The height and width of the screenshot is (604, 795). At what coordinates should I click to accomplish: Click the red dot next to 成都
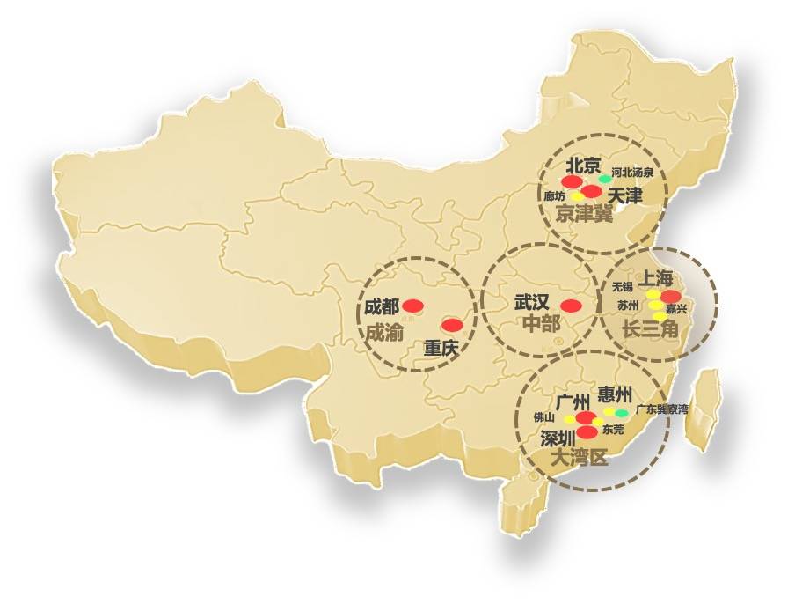click(x=413, y=306)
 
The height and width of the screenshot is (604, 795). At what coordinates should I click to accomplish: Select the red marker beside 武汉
click(x=571, y=306)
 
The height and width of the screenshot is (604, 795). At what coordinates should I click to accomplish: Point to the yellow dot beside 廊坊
click(x=576, y=195)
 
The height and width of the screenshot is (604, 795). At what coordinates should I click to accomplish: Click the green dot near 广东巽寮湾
click(x=622, y=413)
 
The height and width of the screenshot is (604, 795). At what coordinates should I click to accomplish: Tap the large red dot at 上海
click(x=671, y=296)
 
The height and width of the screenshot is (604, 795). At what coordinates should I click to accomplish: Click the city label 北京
click(x=582, y=165)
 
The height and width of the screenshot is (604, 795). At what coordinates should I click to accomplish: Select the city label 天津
click(x=625, y=195)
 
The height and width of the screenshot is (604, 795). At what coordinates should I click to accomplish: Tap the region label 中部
click(x=540, y=323)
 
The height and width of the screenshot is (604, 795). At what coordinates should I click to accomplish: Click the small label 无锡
click(x=622, y=287)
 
